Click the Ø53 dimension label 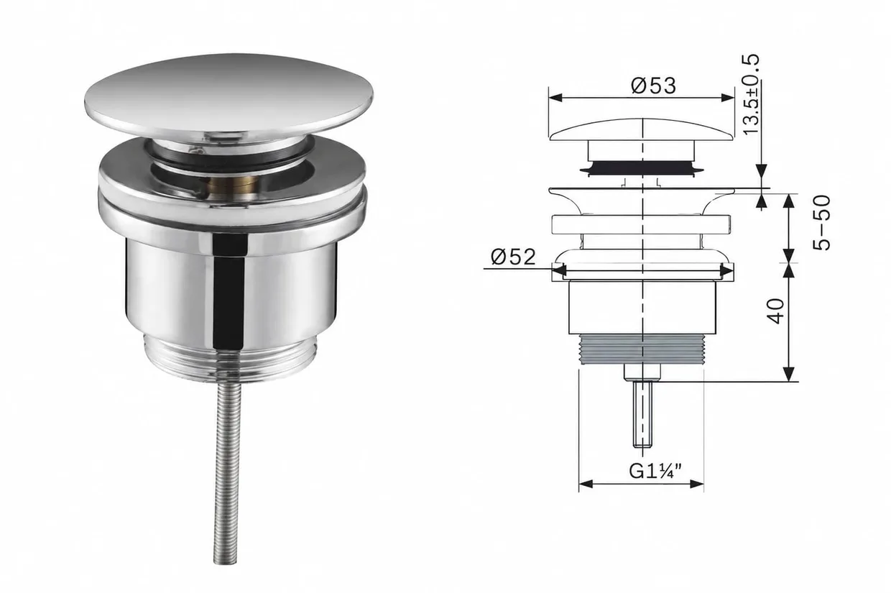pos(654,86)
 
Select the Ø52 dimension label pos(513,257)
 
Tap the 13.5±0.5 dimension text pos(751,95)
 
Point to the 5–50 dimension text pos(821,223)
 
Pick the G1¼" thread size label pos(655,472)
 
